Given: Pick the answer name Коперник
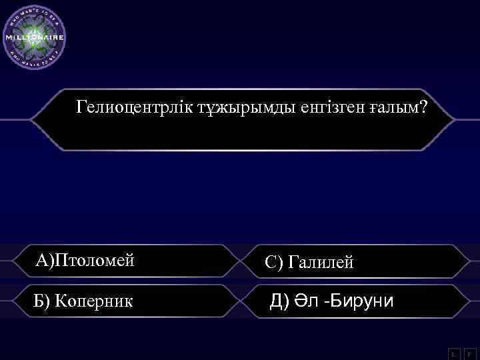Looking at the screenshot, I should pyautogui.click(x=94, y=301).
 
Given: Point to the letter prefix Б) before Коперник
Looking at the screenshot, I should pyautogui.click(x=42, y=301).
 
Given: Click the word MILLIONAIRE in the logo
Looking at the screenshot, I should pyautogui.click(x=35, y=38).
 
